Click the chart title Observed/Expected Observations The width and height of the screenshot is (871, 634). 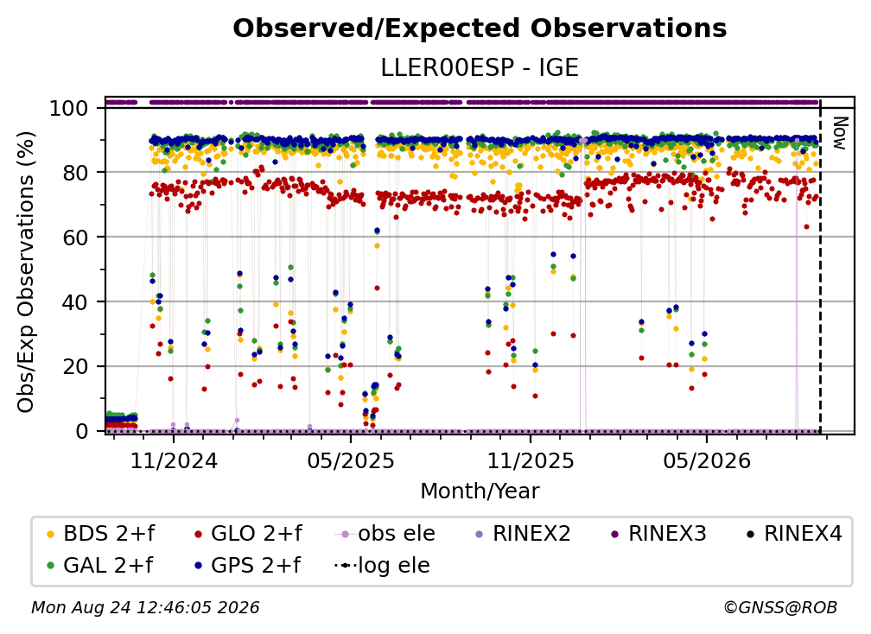[x=480, y=29]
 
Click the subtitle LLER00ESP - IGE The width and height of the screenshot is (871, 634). [x=480, y=67]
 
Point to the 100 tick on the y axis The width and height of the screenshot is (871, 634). [x=68, y=108]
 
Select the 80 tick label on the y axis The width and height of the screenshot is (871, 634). [x=75, y=173]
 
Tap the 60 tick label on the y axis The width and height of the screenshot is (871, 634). [x=75, y=237]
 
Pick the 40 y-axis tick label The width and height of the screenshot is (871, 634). [x=75, y=302]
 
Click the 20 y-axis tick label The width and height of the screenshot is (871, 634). [x=75, y=366]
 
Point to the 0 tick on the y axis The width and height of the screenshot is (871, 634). [x=82, y=431]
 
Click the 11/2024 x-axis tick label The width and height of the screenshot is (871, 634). [x=174, y=460]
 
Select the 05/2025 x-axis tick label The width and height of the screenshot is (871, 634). [x=351, y=460]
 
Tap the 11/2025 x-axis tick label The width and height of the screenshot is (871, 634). [x=531, y=460]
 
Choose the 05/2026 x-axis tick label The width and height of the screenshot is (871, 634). [x=707, y=460]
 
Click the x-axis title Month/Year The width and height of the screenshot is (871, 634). [x=480, y=491]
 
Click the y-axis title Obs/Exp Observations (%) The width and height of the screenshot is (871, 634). [x=26, y=272]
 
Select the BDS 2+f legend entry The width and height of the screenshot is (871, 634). [x=100, y=534]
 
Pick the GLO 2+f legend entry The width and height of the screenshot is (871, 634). [x=248, y=534]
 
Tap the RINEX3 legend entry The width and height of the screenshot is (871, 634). [x=658, y=534]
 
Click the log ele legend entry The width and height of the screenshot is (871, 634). [x=382, y=566]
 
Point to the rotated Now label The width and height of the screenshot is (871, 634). [x=840, y=133]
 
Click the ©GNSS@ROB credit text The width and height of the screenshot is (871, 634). [x=780, y=607]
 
